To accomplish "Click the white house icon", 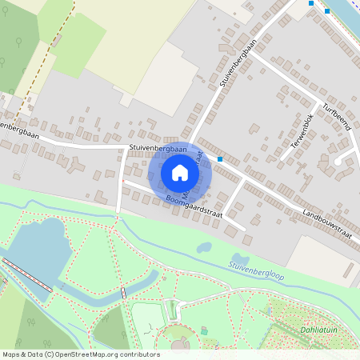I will point(180,172).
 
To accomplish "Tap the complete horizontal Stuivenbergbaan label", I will point(158,149).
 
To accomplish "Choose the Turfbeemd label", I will point(336,119).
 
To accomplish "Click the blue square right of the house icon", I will point(220,158).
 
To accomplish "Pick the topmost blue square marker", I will point(310,3).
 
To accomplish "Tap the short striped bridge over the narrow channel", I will point(123,292).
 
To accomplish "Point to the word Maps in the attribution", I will point(11,354).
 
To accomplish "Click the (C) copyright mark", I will point(50,354).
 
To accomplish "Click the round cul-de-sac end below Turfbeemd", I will point(339,161).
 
